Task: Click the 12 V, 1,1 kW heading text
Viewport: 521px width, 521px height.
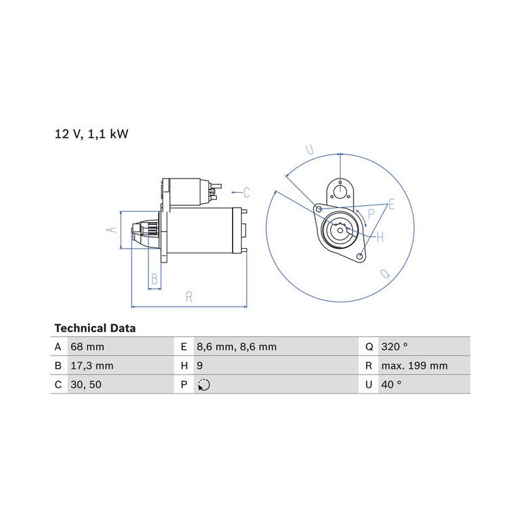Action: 91,134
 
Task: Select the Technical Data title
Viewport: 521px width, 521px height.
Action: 95,328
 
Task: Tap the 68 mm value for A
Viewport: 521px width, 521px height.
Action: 87,346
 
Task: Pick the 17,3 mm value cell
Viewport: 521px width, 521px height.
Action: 92,366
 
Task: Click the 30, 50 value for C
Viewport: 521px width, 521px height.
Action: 86,385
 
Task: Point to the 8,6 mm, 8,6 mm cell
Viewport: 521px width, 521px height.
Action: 236,346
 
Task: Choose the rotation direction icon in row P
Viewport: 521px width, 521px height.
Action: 204,385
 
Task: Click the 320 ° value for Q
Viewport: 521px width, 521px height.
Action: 395,346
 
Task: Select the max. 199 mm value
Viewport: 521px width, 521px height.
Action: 414,366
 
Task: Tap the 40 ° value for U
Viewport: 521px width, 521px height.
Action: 391,385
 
